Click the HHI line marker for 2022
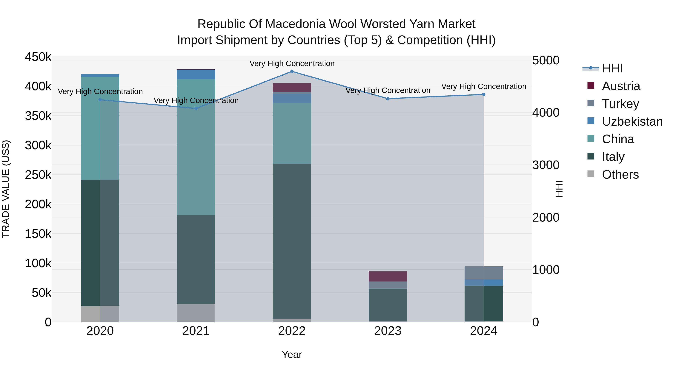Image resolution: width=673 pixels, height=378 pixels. (292, 71)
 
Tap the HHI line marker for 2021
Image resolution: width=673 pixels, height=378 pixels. (196, 108)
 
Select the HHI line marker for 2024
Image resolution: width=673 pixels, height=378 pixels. (484, 94)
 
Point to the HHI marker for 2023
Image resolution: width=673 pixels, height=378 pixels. (388, 99)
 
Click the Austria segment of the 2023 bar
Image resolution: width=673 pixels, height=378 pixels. (388, 276)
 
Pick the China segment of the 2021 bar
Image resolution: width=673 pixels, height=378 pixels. (196, 147)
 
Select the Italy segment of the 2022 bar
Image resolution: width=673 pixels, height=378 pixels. (292, 241)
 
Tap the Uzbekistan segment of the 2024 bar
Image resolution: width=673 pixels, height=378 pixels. (484, 283)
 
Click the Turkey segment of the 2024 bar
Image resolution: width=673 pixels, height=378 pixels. (484, 273)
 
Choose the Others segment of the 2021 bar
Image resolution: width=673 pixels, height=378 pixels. (196, 313)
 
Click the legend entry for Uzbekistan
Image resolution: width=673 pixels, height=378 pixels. (632, 122)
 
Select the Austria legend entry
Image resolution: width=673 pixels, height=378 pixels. (621, 86)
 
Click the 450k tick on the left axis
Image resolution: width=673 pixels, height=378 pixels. (38, 57)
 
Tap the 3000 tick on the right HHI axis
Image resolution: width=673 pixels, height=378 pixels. (546, 165)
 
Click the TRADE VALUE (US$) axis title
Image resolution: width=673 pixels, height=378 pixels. (6, 189)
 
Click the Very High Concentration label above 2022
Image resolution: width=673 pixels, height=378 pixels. (292, 64)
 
